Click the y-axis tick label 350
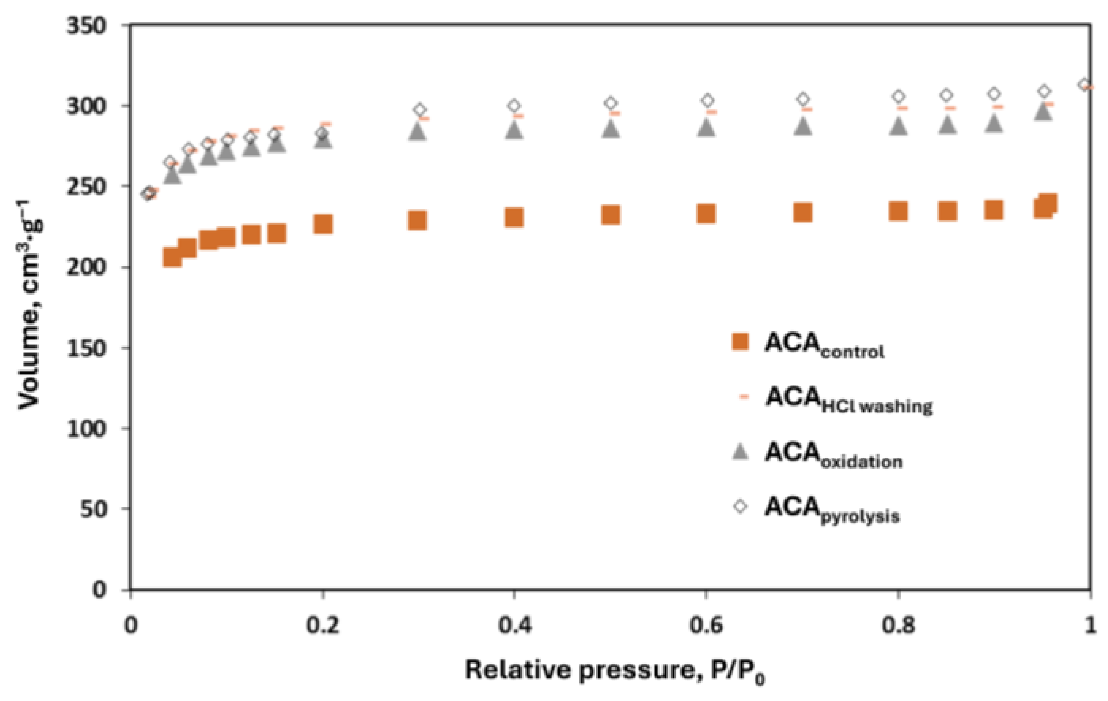click(x=86, y=25)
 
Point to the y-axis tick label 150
click(x=86, y=348)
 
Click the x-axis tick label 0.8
click(x=897, y=625)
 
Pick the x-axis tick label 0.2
click(x=322, y=625)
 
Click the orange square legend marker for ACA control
click(x=740, y=342)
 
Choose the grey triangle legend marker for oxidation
click(x=740, y=452)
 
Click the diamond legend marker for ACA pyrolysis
click(x=740, y=506)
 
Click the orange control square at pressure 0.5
click(x=610, y=215)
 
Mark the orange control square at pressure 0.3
click(x=417, y=220)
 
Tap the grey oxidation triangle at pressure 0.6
click(x=706, y=127)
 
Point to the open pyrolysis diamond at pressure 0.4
click(x=514, y=106)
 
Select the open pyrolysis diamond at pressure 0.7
click(x=803, y=99)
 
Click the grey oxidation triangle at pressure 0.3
click(x=418, y=131)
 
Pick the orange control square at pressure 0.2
click(x=323, y=224)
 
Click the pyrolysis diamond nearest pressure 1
click(x=1084, y=84)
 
